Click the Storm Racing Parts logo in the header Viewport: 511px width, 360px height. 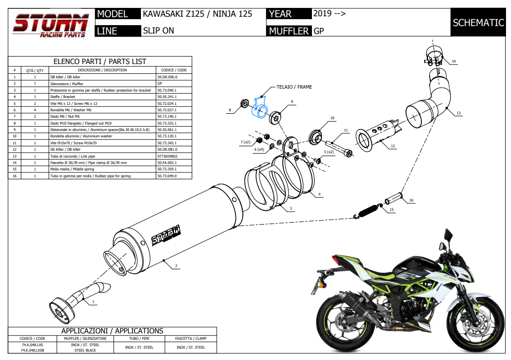[51, 25]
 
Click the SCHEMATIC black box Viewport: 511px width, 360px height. [478, 23]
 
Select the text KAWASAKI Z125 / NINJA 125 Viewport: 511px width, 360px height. [197, 14]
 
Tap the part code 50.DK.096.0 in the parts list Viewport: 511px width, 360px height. [167, 77]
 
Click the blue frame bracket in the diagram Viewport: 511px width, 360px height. [260, 107]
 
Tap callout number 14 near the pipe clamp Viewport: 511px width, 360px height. [454, 62]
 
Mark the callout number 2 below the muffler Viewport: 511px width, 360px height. [176, 266]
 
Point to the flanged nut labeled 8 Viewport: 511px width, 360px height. [243, 104]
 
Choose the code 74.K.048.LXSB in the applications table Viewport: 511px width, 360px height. [33, 350]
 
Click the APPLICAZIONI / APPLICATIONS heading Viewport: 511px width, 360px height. [112, 331]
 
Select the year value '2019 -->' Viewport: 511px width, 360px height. [329, 13]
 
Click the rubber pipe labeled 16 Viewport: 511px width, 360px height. [395, 198]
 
